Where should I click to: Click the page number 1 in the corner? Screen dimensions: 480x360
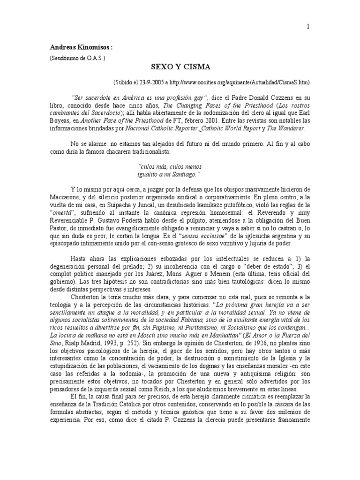[x=308, y=27]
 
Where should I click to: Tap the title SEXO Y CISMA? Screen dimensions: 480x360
[x=180, y=67]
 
